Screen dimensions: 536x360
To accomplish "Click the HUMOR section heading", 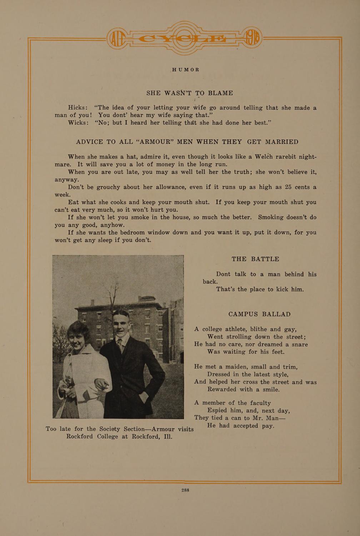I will click(185, 70).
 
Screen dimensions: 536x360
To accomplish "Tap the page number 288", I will click(185, 490).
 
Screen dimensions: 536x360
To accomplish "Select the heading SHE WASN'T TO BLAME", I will click(190, 93).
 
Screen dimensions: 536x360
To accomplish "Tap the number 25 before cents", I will click(290, 187).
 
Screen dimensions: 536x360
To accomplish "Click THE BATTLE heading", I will click(255, 259).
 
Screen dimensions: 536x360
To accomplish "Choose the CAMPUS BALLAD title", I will click(259, 314).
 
